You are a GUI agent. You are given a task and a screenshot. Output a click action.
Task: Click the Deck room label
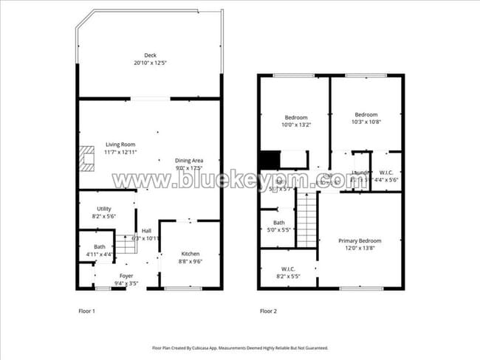150,55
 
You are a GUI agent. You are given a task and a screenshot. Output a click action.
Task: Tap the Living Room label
120,145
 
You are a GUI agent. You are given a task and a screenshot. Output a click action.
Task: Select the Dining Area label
189,160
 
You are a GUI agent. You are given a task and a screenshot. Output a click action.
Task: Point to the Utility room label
104,209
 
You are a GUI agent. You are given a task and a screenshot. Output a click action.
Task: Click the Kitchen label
191,254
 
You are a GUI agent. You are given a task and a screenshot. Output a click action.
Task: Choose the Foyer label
125,275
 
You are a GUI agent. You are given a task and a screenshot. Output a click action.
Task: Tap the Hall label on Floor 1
146,231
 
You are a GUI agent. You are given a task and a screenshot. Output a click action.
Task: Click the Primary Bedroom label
360,241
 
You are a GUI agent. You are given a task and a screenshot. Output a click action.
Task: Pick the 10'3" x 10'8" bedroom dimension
366,122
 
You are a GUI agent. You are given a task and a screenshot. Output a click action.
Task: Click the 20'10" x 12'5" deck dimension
150,63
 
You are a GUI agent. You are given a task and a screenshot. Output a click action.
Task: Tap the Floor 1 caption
86,311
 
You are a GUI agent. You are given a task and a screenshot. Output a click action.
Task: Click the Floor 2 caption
268,311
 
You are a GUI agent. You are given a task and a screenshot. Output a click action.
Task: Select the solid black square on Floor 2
269,159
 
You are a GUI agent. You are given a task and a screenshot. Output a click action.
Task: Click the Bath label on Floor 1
100,247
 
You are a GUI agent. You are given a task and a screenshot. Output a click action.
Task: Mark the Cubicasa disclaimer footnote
240,347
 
